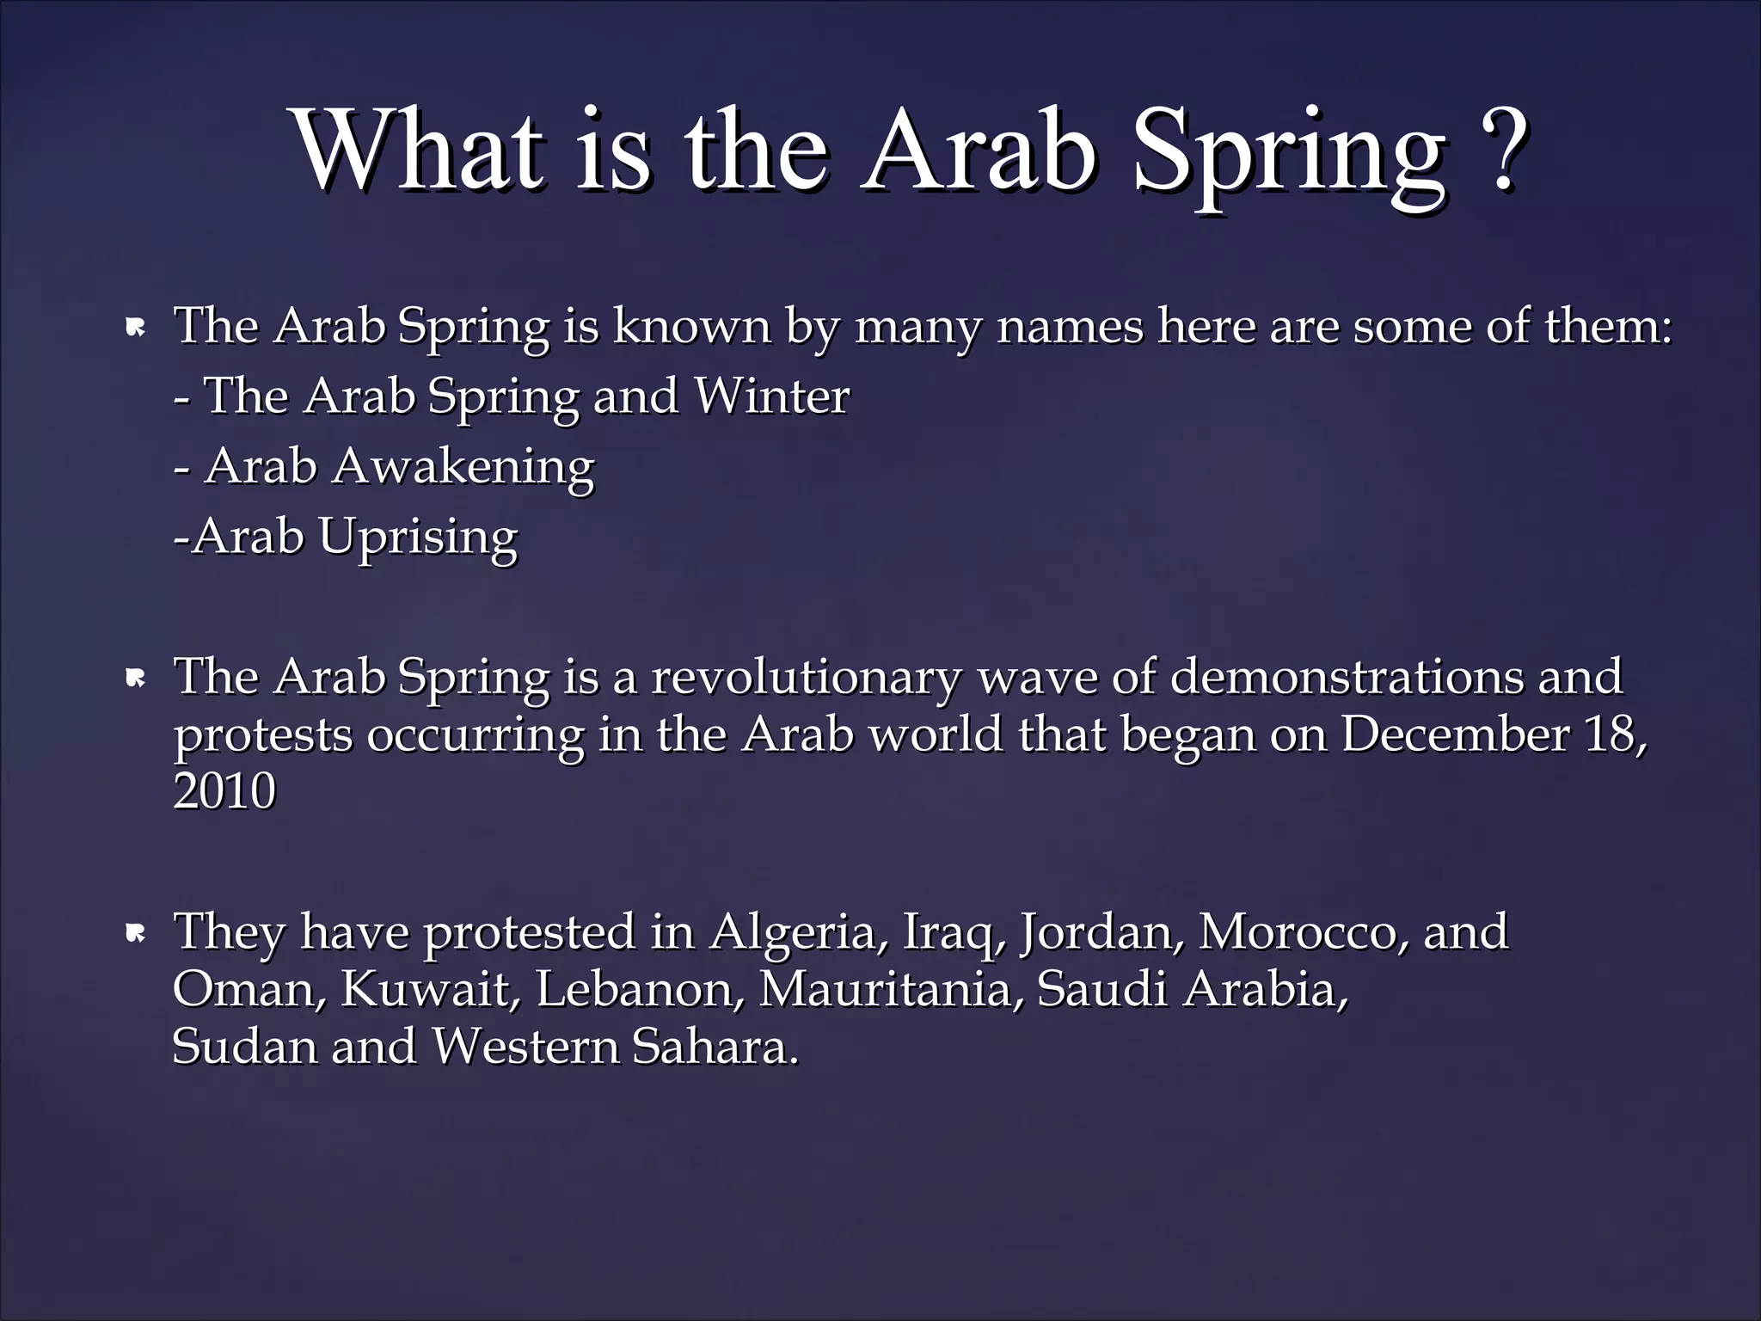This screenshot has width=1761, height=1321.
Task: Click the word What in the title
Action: coord(421,151)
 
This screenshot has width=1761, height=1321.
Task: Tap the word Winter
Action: coord(771,396)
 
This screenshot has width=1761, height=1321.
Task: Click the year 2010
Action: coord(224,791)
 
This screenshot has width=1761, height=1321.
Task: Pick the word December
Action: coord(1455,734)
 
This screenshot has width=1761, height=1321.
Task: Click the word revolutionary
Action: coord(806,677)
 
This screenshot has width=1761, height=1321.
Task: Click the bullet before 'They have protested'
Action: coord(135,934)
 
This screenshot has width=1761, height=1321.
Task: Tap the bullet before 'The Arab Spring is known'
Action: coord(135,328)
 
